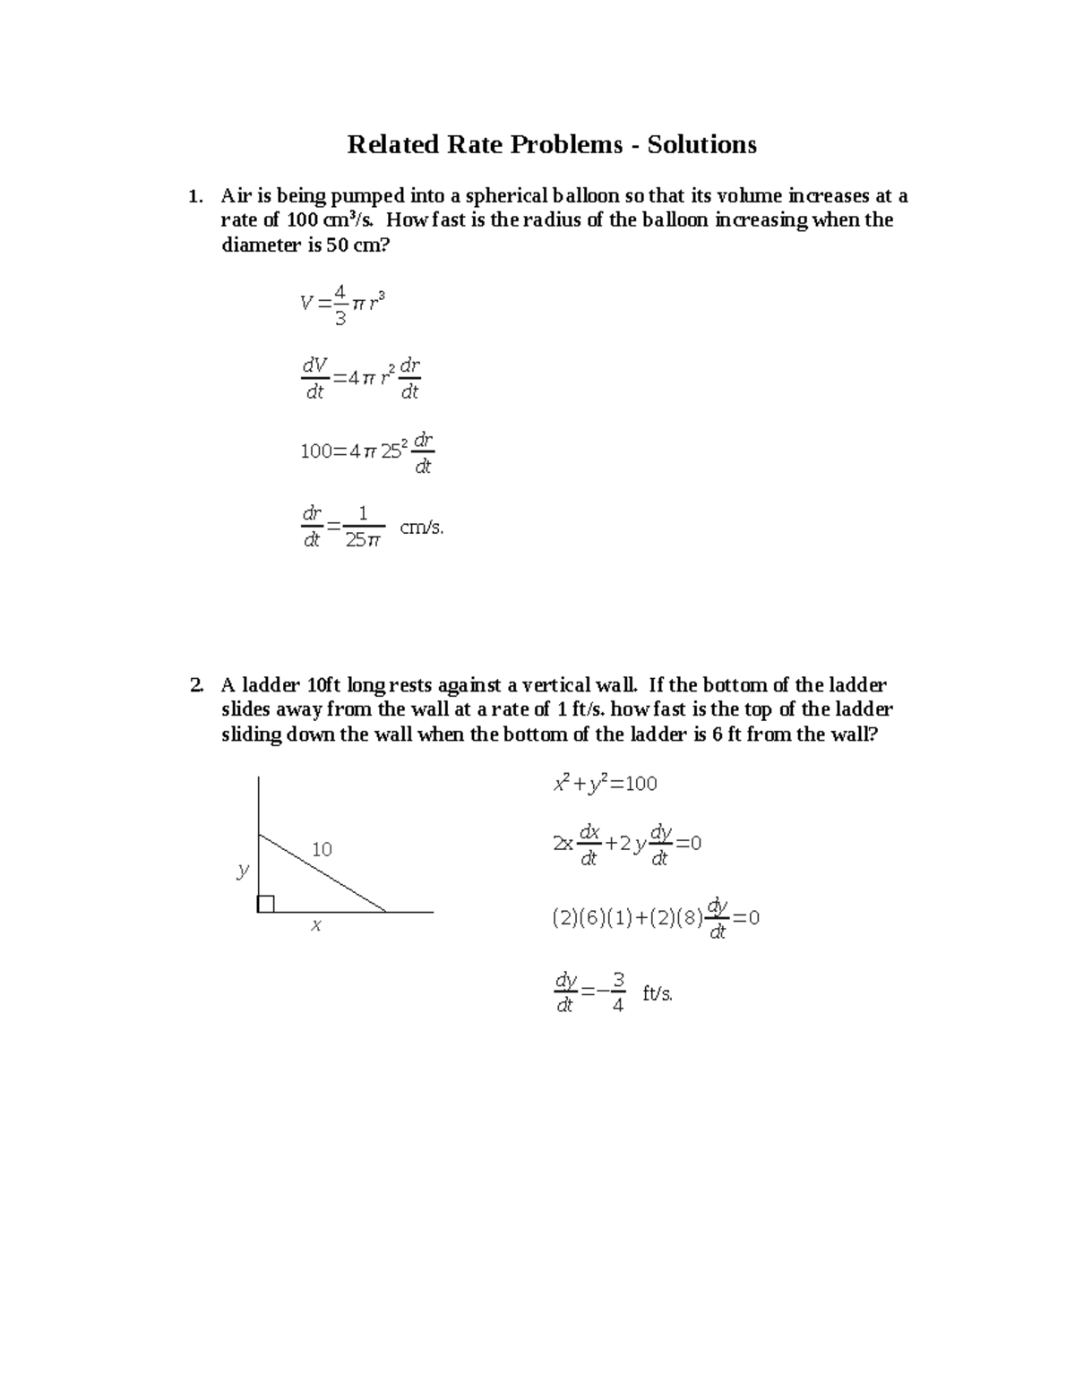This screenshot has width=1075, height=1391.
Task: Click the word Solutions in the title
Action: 701,144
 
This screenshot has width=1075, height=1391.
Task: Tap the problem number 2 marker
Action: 195,686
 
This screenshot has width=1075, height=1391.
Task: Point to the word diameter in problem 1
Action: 260,245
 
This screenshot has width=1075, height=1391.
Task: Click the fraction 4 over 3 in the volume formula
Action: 339,305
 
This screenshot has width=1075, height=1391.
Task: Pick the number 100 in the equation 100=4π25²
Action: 316,452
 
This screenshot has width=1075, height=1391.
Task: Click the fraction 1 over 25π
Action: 363,527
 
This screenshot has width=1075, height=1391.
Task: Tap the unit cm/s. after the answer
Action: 421,528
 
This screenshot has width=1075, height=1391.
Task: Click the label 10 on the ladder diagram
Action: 322,849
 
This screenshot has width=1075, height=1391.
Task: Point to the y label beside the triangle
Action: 242,870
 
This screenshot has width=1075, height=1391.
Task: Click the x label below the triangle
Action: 315,926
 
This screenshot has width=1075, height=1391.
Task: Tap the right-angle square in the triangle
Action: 266,904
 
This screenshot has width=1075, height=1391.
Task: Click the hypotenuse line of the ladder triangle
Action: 322,873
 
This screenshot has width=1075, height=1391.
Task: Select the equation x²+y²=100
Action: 606,784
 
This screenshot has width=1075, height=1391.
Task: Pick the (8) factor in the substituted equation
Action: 691,919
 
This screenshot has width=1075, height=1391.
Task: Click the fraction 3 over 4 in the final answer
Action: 617,992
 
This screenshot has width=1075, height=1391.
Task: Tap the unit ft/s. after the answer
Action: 658,993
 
